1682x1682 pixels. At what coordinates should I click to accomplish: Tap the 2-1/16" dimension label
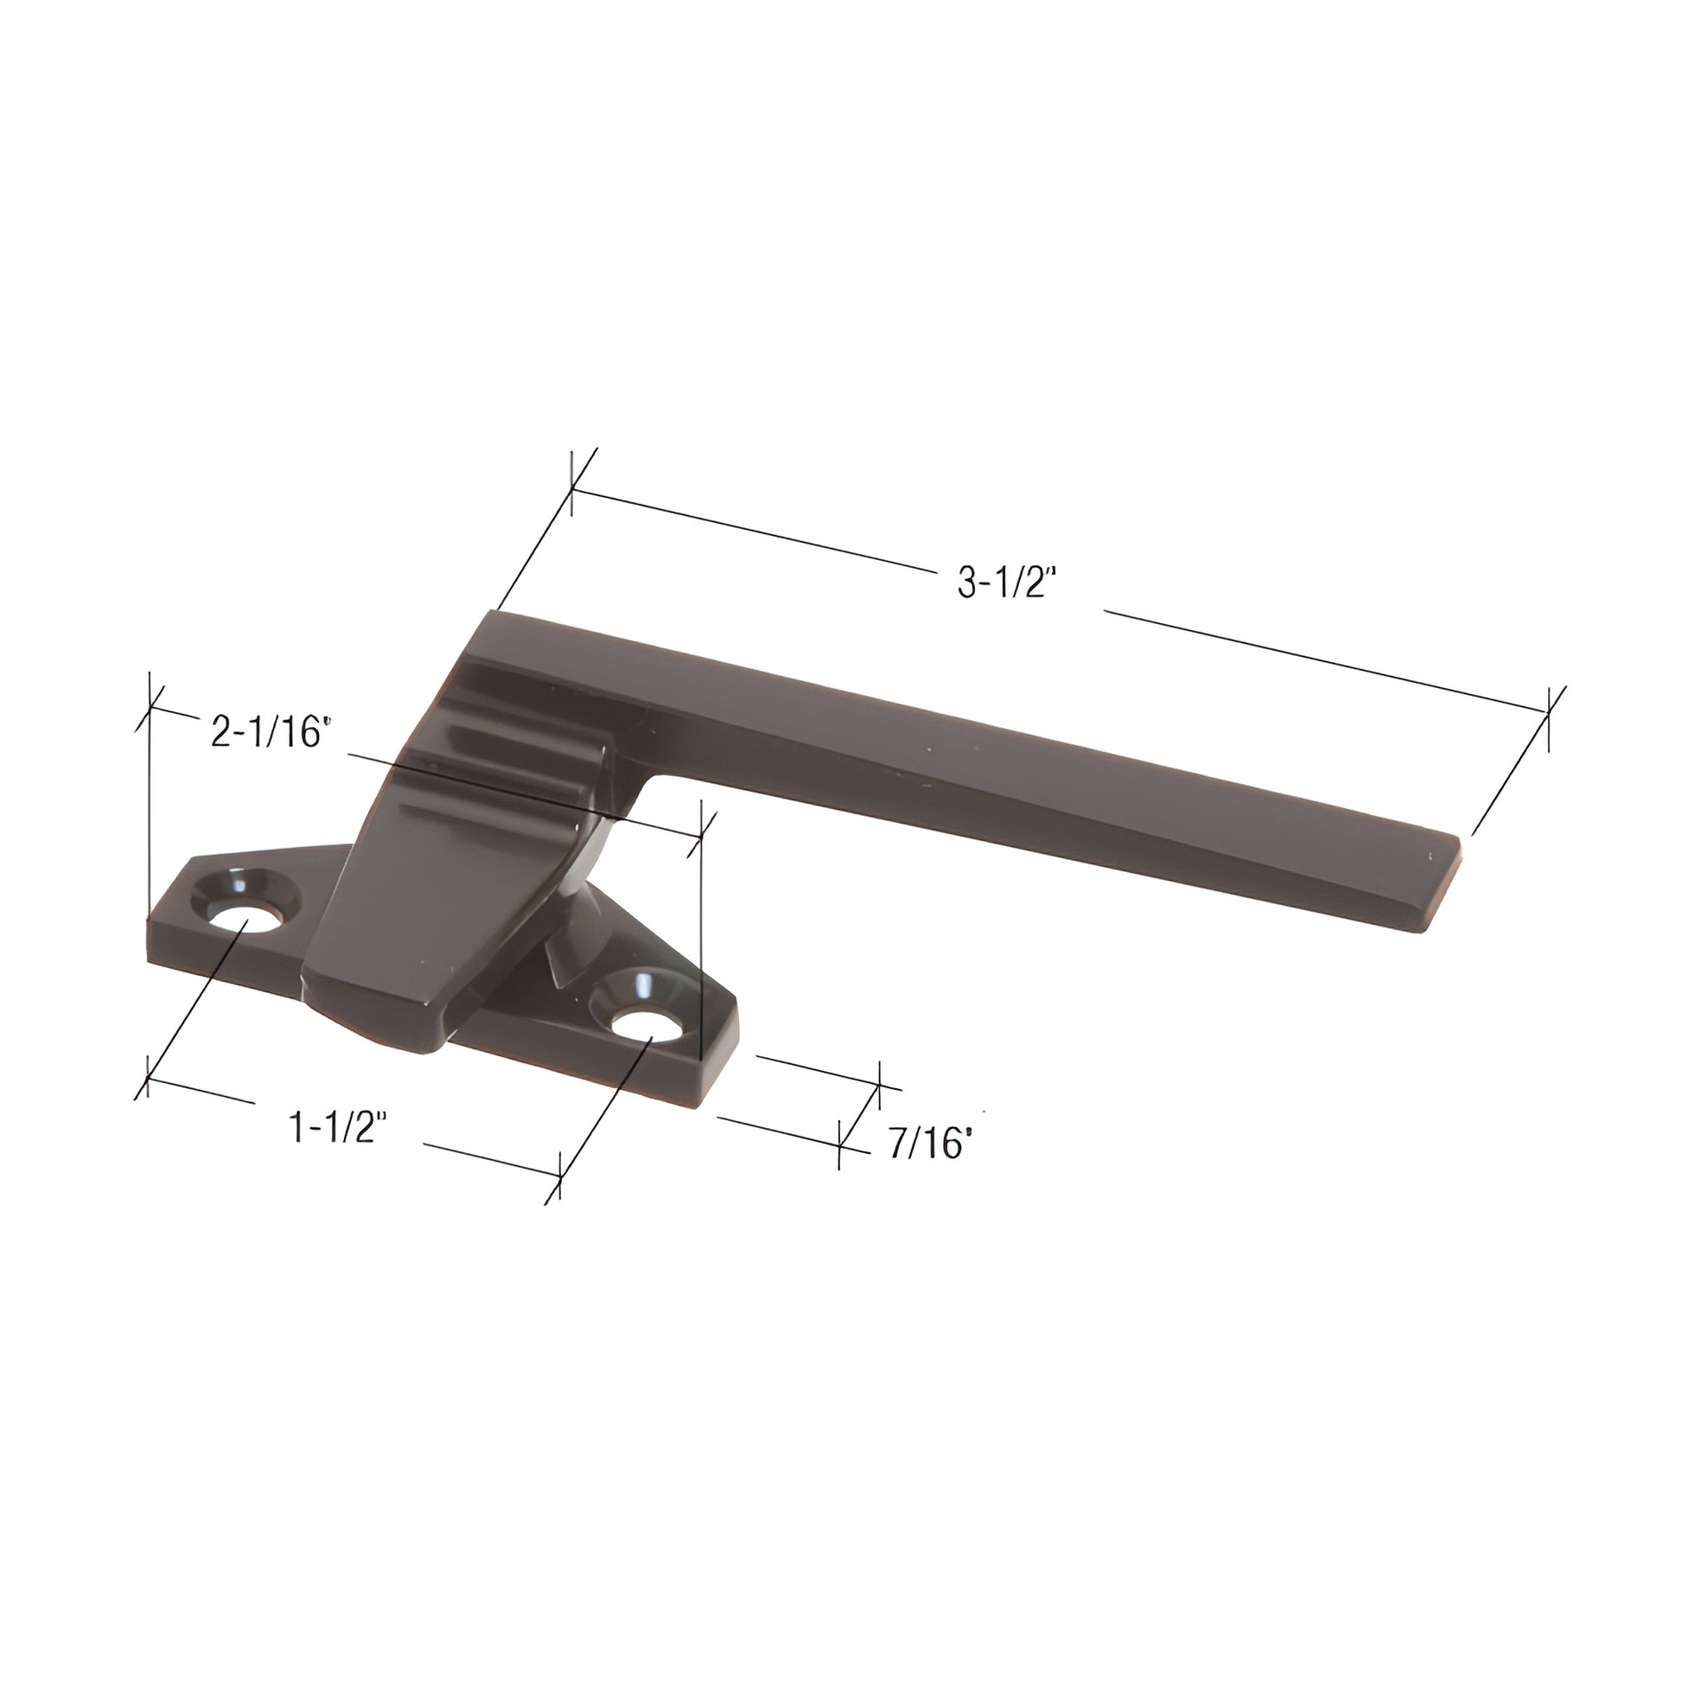point(271,730)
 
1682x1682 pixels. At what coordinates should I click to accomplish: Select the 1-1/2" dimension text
point(337,1128)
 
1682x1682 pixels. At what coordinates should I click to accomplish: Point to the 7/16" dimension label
point(929,1146)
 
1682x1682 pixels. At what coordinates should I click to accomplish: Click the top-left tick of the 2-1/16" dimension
point(150,707)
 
